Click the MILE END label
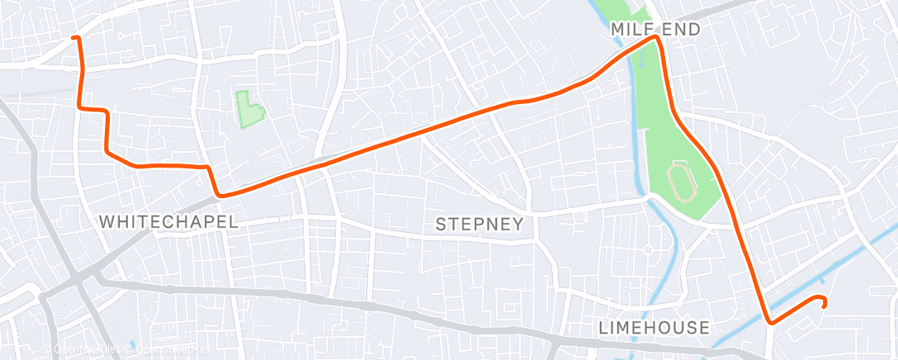655,30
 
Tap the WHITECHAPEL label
168,221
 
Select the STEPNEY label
479,224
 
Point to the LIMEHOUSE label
654,328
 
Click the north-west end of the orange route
75,38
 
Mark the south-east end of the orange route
824,305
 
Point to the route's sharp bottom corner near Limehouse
769,321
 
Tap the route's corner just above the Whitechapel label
219,195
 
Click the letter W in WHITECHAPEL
105,221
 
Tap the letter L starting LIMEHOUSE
603,328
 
